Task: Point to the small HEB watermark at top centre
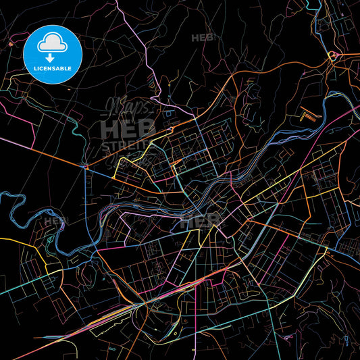tap(203, 38)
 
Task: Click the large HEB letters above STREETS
tap(128, 128)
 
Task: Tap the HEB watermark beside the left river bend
tap(55, 220)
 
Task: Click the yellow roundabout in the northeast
tap(332, 55)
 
